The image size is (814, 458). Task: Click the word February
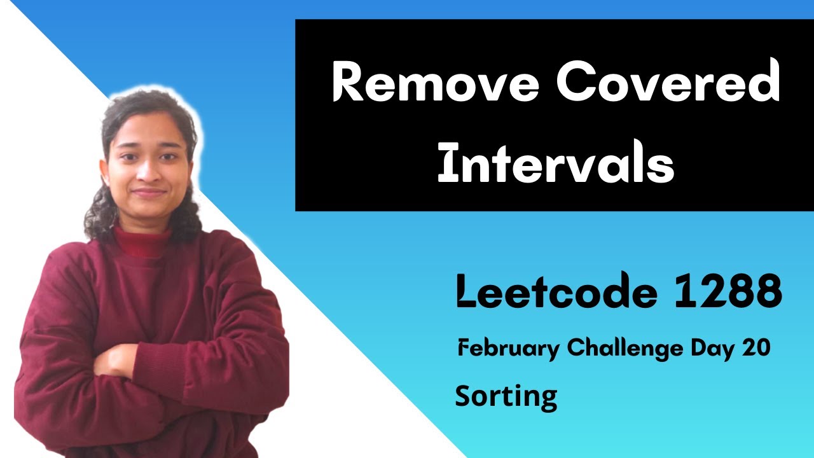[x=509, y=348]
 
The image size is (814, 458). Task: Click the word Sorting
[x=506, y=397]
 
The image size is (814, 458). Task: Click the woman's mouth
[x=148, y=191]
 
